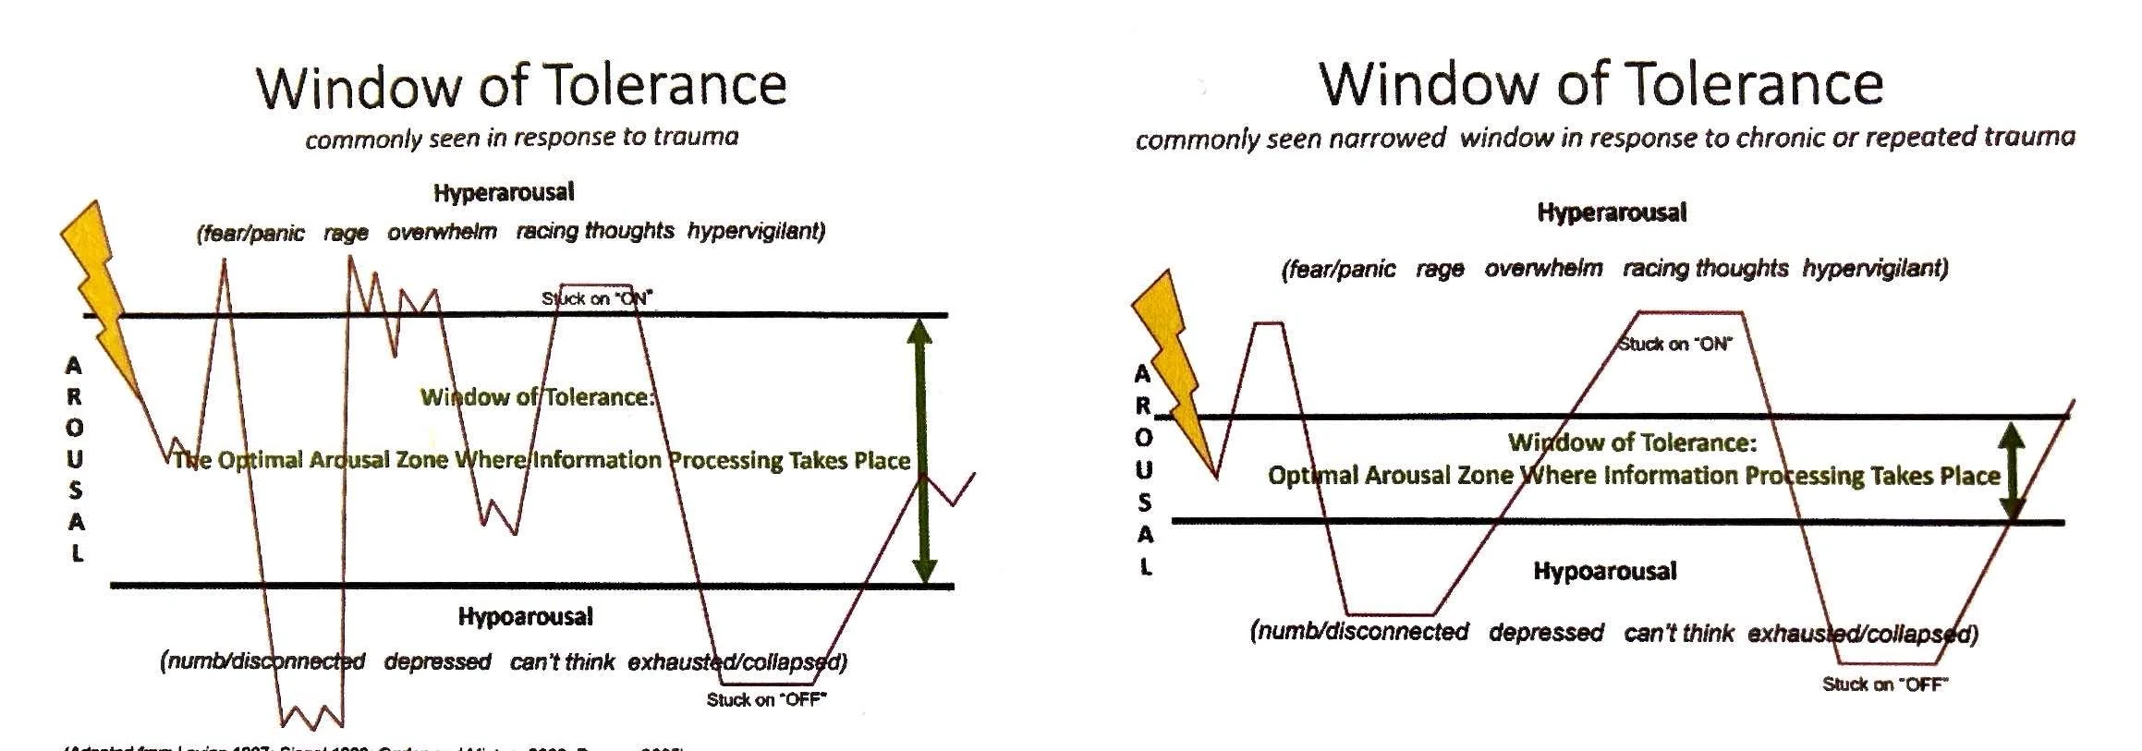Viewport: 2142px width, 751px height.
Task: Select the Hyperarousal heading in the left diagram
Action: pos(504,192)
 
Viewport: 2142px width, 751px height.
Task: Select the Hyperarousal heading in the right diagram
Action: pos(1612,212)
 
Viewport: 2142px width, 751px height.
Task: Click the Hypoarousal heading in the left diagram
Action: pos(525,616)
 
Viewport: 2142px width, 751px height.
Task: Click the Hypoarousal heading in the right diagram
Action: pos(1604,571)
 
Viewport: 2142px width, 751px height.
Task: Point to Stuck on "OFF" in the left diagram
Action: pos(766,699)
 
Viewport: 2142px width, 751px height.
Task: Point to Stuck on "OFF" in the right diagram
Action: pos(1884,684)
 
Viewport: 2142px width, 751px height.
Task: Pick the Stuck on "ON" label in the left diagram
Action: pos(597,298)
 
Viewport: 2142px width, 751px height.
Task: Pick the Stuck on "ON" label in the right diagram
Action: pos(1675,344)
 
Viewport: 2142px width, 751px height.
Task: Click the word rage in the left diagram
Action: pos(346,233)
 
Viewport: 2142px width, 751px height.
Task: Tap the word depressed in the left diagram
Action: pos(437,661)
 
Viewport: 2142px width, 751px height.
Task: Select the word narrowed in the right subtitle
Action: pos(1382,139)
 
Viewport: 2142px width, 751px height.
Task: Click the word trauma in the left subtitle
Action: pos(695,137)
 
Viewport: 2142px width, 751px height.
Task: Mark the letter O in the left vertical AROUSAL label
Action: pos(75,428)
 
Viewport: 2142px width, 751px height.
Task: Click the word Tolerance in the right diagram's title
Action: pos(1753,84)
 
